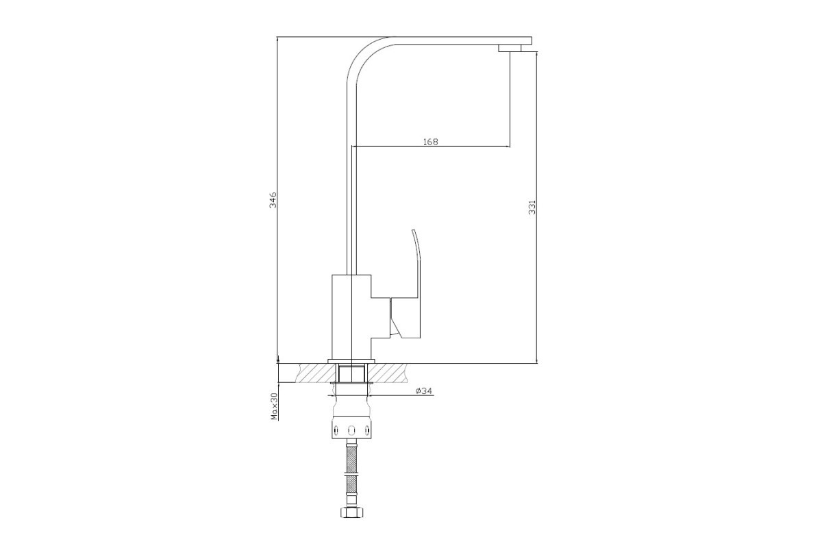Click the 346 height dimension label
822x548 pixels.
pyautogui.click(x=273, y=199)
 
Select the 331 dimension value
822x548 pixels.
pyautogui.click(x=532, y=207)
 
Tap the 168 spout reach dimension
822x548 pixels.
pyautogui.click(x=431, y=141)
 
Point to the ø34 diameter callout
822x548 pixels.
pyautogui.click(x=424, y=391)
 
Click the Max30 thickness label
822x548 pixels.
pyautogui.click(x=273, y=406)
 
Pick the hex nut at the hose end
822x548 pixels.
pyautogui.click(x=352, y=512)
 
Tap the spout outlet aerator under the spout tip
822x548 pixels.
pyautogui.click(x=510, y=48)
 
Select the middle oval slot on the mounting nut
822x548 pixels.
pyautogui.click(x=351, y=429)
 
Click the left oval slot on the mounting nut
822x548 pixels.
pyautogui.click(x=335, y=429)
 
